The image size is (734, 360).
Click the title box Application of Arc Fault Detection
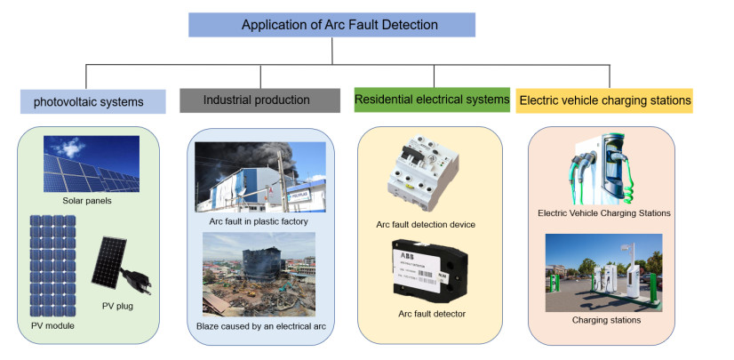click(x=331, y=25)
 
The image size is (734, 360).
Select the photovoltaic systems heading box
click(x=93, y=101)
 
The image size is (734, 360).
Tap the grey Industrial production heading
click(x=256, y=100)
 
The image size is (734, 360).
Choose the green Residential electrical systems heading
click(x=432, y=100)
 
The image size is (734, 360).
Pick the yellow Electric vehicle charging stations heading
click(x=604, y=100)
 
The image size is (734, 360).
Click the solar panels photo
click(x=92, y=164)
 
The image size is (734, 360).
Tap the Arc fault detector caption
click(x=432, y=314)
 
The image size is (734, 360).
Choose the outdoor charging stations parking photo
click(x=603, y=272)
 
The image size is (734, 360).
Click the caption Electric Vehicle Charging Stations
click(x=603, y=213)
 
